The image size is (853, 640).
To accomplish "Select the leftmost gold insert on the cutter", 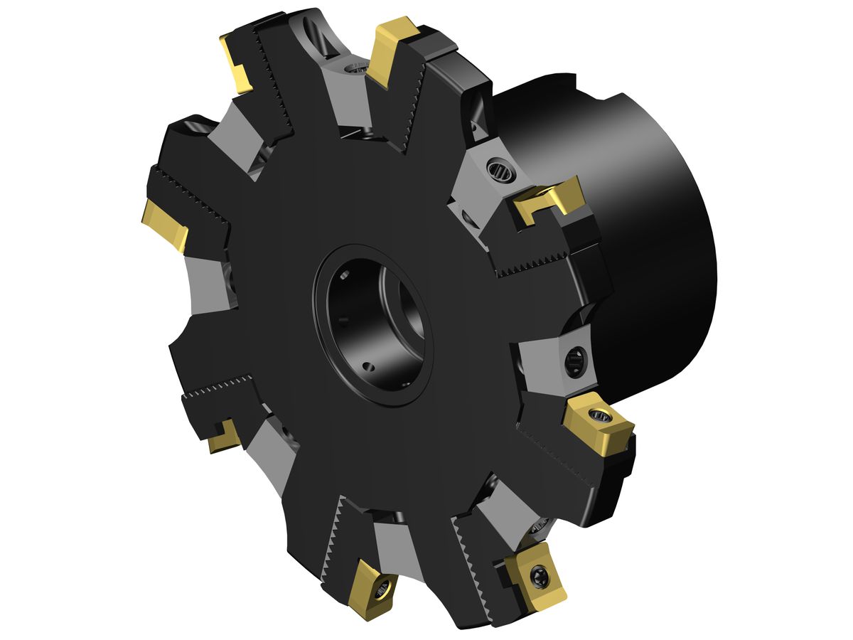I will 165,223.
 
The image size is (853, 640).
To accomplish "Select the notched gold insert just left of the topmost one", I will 236,64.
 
